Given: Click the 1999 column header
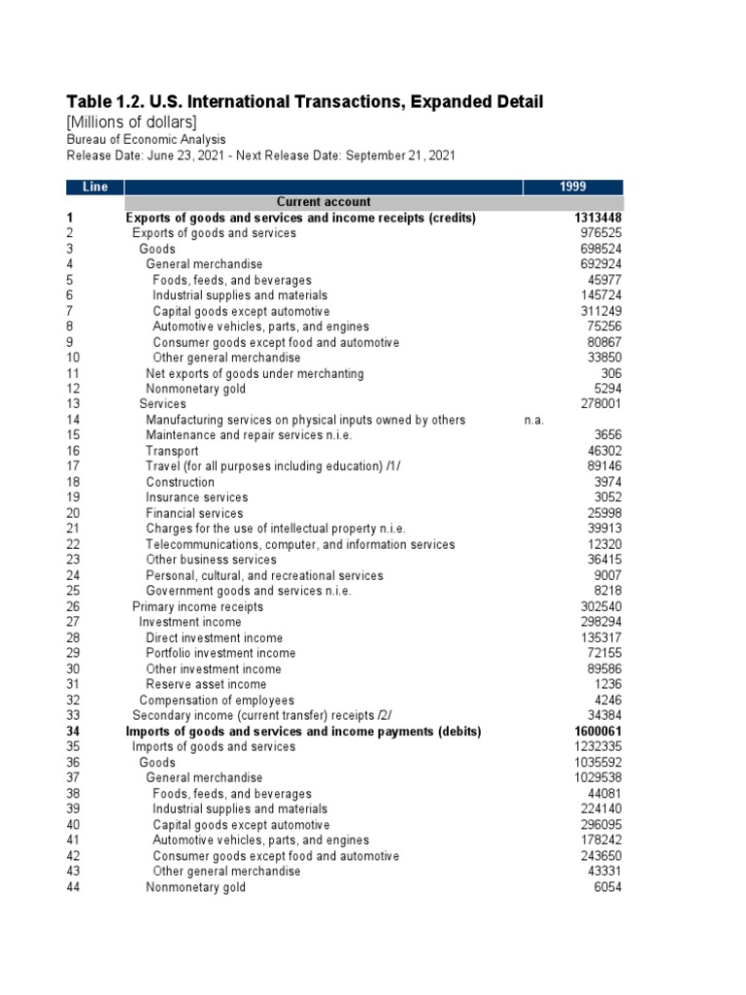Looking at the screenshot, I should [573, 187].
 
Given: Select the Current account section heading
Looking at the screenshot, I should [323, 202].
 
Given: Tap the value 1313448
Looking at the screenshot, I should [593, 218].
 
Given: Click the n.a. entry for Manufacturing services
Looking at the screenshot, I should [533, 420].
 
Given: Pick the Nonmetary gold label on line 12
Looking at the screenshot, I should [195, 389].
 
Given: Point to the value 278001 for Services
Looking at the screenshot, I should [599, 404].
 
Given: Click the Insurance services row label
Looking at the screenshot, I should [196, 497].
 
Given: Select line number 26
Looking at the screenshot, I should [73, 606].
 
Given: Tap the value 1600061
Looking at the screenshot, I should [593, 731].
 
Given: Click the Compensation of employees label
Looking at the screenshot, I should [216, 700].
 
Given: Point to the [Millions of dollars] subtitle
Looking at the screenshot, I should [131, 121].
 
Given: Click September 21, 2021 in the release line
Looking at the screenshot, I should [401, 155].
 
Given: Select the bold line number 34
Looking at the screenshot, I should [73, 731].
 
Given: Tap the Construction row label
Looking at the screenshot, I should [180, 482].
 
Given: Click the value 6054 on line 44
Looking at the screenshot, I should [606, 887].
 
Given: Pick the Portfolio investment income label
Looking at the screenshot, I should [220, 653].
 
